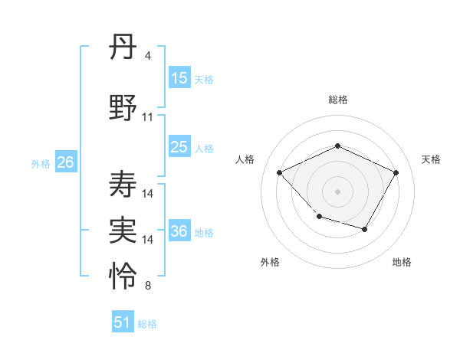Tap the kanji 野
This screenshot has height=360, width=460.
coord(123,108)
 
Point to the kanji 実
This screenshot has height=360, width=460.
coord(123,229)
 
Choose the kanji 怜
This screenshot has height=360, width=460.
coord(123,276)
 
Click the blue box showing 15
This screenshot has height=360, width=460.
coord(179,78)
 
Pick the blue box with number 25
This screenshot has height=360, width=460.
coord(179,148)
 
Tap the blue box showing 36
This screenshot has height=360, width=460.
coord(179,232)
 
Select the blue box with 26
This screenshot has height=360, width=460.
coord(65,162)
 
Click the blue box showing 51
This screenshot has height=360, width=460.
coord(123,322)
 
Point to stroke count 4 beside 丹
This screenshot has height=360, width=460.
coord(147,56)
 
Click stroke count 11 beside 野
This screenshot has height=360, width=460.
coord(148,117)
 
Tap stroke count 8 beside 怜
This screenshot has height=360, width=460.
coord(147,286)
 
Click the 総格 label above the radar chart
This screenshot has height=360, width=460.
coord(337,100)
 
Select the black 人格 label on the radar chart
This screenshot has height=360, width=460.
coord(245,159)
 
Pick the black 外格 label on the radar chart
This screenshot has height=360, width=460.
coord(270,262)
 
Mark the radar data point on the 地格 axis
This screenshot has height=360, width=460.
coord(365,229)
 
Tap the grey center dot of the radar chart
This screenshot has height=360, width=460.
coord(337,191)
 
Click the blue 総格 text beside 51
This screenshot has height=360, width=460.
coord(147,324)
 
